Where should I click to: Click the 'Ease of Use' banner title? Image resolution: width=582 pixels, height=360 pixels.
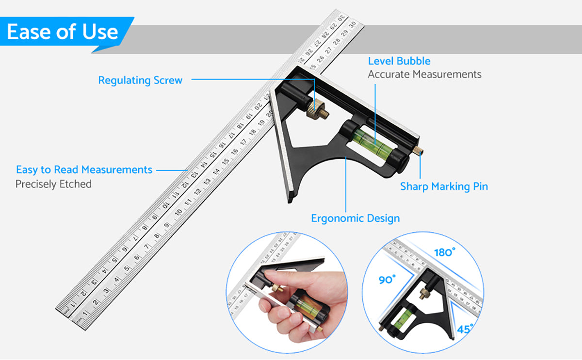63,32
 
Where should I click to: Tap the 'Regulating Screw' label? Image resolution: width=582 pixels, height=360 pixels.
140,80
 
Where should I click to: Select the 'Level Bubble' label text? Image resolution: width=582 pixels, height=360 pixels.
399,61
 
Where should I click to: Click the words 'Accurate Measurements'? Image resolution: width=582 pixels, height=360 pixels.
424,74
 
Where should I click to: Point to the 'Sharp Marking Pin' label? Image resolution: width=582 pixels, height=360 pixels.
444,186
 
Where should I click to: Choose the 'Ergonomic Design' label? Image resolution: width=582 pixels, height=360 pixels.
355,218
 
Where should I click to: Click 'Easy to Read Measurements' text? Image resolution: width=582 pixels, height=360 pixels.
84,170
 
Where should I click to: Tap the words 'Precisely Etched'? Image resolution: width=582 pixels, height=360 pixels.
53,184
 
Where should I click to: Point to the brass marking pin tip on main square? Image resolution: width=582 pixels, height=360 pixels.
420,150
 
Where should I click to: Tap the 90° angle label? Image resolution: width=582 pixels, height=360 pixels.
387,280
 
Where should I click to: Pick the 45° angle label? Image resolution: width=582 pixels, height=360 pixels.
465,329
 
